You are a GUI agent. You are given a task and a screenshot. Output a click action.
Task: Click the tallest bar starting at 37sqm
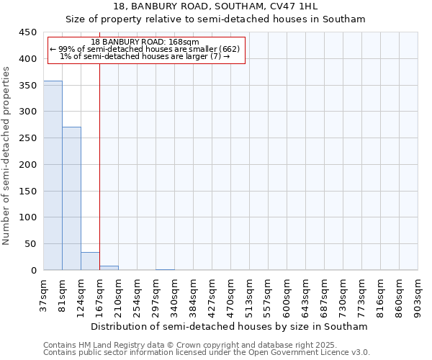(x=53, y=176)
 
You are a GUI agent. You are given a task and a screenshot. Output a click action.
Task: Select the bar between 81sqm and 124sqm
(x=71, y=199)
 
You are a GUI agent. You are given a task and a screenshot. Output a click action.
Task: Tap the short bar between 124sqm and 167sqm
(x=90, y=261)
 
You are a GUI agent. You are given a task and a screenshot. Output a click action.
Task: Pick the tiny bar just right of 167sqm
(x=109, y=268)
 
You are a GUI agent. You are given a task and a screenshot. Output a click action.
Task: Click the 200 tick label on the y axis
(x=27, y=165)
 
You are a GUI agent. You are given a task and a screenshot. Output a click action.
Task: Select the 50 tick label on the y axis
(x=30, y=244)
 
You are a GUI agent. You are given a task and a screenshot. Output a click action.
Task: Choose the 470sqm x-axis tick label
(x=231, y=295)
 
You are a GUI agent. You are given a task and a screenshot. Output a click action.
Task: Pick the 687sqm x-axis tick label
(x=325, y=295)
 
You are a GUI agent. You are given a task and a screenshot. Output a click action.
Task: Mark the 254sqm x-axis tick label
(x=138, y=295)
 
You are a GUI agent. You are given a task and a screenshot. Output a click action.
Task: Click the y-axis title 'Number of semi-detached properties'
(x=7, y=156)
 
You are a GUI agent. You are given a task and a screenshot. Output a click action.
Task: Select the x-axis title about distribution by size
(x=230, y=326)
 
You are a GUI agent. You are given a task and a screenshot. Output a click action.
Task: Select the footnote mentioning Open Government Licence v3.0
(x=207, y=353)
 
